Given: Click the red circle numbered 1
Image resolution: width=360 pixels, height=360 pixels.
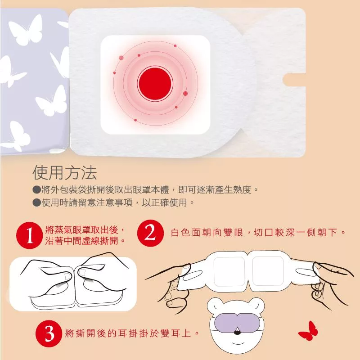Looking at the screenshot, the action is point(29,235).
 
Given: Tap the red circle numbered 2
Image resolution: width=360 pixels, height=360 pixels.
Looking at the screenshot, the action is point(150,233).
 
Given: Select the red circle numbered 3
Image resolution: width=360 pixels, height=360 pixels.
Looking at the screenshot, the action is point(49,333).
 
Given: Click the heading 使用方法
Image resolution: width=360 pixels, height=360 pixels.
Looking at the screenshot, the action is point(65,173).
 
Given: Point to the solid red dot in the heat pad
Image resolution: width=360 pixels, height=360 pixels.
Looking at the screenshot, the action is point(155,83).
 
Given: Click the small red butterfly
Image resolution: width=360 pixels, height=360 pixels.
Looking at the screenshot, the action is point(308,331).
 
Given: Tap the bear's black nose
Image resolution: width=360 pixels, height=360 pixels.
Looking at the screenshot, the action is point(238,333).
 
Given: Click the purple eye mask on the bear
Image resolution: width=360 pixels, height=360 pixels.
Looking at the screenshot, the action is point(237,323).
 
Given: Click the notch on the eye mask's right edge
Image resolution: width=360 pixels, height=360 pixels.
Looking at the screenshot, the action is point(295,80).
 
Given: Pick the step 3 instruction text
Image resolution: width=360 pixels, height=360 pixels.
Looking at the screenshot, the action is point(132,333).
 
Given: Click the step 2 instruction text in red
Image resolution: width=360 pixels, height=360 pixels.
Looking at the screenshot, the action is point(258,233).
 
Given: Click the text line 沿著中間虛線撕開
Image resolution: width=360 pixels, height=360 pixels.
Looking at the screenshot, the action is point(85,240).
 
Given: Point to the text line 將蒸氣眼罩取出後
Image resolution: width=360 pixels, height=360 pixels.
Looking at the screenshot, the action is point(85,229).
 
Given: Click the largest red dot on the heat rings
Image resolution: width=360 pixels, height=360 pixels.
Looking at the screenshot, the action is point(185,94).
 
